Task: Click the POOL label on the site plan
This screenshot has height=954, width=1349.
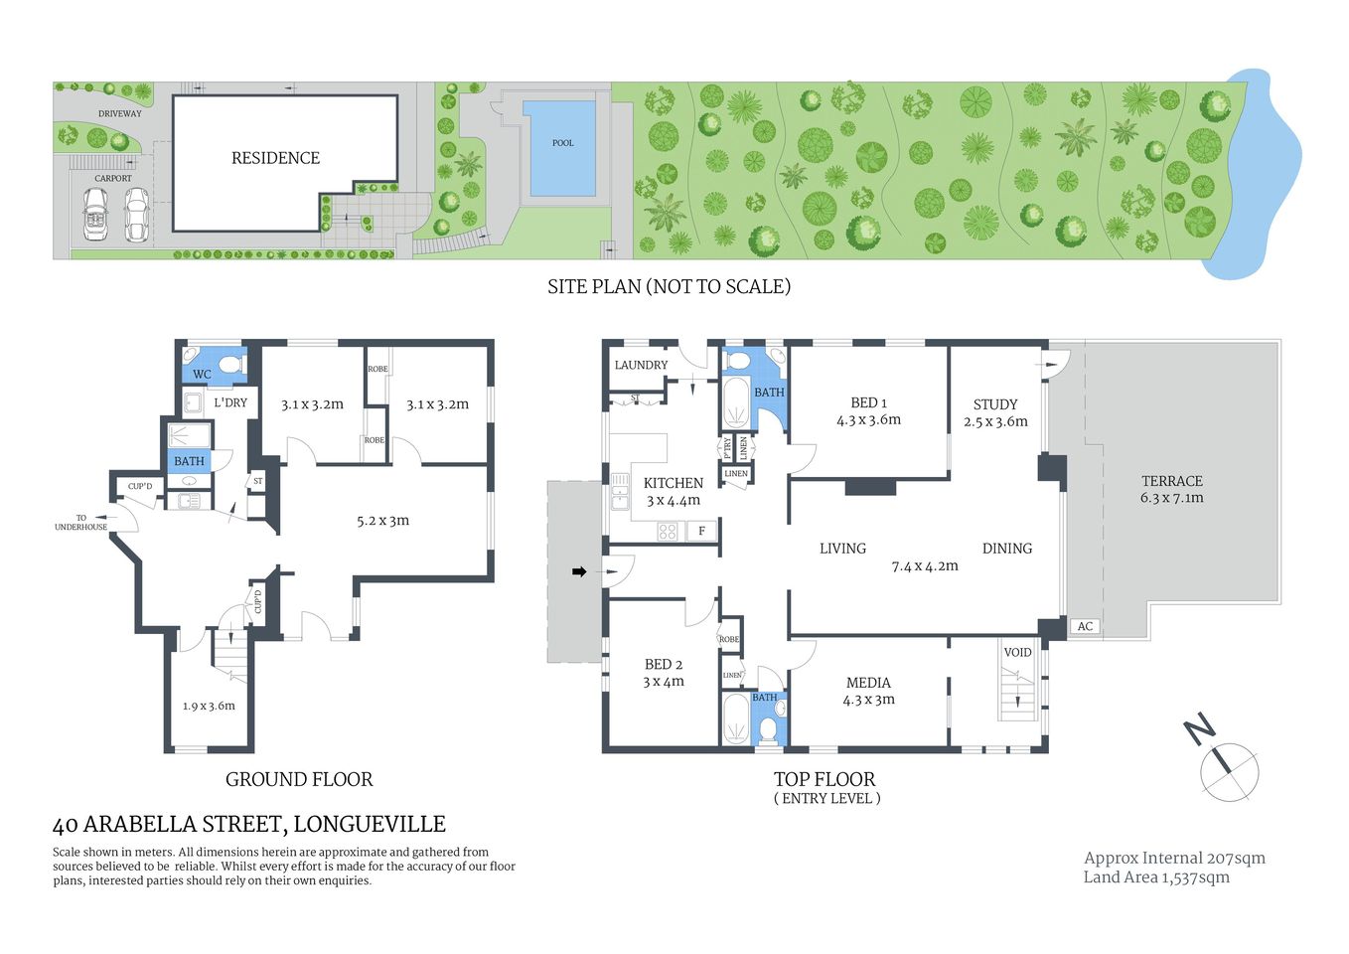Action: (562, 143)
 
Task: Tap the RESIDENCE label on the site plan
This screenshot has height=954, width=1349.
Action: (275, 158)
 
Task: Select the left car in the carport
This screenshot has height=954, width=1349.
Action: (95, 214)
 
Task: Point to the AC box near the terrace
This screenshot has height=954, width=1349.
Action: (1085, 626)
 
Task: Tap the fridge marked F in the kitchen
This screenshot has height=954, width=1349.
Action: (701, 531)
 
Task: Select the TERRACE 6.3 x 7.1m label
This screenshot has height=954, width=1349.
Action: (1171, 489)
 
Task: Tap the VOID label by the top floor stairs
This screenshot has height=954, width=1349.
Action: (1017, 653)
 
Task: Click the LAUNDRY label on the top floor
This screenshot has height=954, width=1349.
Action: (641, 365)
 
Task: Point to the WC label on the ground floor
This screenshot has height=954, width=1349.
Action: (202, 375)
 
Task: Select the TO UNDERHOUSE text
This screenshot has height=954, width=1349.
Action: (80, 523)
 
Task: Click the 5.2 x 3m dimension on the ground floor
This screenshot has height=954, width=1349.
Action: (382, 520)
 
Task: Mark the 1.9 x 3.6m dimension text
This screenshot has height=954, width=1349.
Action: (209, 706)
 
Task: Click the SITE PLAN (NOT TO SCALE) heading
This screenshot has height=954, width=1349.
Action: (669, 286)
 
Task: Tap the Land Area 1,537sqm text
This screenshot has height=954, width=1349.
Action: (1156, 876)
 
